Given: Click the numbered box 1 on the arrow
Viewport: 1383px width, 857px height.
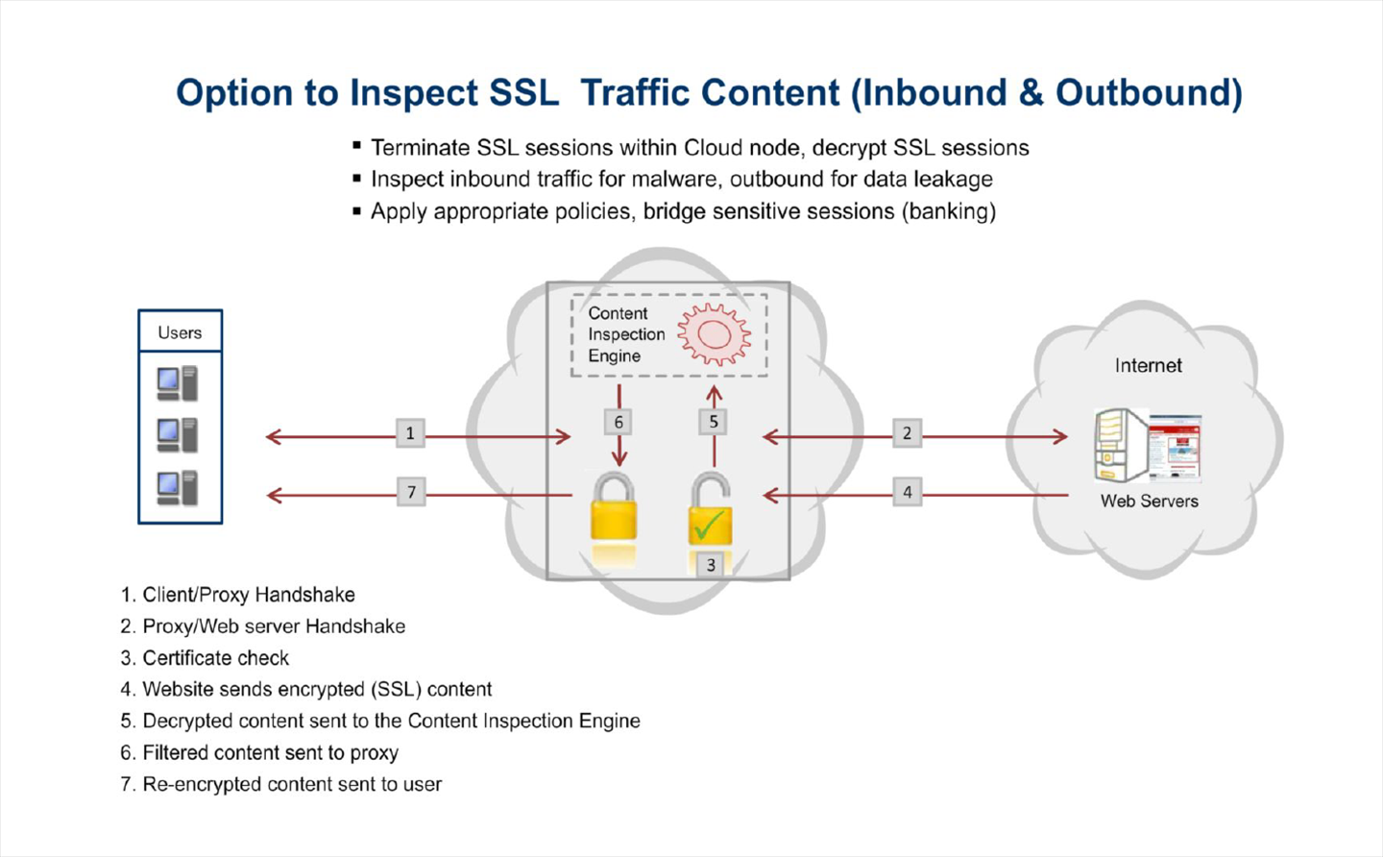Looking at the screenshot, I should click(410, 433).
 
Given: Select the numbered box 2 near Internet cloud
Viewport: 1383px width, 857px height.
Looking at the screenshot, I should click(907, 433).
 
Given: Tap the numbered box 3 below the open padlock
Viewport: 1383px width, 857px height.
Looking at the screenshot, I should click(711, 565).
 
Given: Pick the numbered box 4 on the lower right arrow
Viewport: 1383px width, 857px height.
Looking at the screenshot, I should click(907, 493).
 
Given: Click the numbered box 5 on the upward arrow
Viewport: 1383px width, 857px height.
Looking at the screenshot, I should click(714, 422).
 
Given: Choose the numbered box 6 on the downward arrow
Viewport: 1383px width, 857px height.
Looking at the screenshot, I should click(619, 422).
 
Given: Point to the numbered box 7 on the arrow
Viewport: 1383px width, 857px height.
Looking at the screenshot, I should click(411, 493).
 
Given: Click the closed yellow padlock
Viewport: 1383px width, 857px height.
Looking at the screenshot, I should click(614, 508).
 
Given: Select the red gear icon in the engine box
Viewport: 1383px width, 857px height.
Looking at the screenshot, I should click(714, 334).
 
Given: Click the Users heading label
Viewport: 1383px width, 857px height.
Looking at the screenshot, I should click(180, 332).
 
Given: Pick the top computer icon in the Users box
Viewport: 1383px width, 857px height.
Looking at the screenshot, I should click(178, 383).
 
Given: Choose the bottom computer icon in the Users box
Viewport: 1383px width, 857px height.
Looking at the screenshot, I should click(178, 488).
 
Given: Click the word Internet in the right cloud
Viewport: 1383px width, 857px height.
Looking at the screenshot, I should click(1148, 366).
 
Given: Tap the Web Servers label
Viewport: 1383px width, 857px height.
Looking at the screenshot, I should click(1149, 502).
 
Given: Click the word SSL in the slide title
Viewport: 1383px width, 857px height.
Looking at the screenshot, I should click(523, 93).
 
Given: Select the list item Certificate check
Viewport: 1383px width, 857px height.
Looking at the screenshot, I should click(215, 658).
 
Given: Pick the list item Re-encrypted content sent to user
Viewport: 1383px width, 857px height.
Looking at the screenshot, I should click(292, 784).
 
